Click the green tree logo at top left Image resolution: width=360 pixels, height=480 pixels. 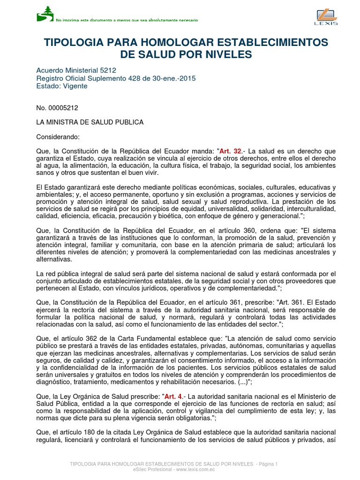point(45,14)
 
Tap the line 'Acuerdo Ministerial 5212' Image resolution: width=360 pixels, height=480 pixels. point(76,70)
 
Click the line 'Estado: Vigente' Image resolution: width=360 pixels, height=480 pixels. point(62,86)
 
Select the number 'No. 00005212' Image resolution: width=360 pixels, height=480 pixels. point(57,108)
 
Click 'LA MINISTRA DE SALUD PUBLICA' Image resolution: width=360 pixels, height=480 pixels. point(90,122)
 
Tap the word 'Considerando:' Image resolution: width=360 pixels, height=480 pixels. point(59,137)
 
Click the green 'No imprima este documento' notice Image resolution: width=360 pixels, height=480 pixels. point(127,21)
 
